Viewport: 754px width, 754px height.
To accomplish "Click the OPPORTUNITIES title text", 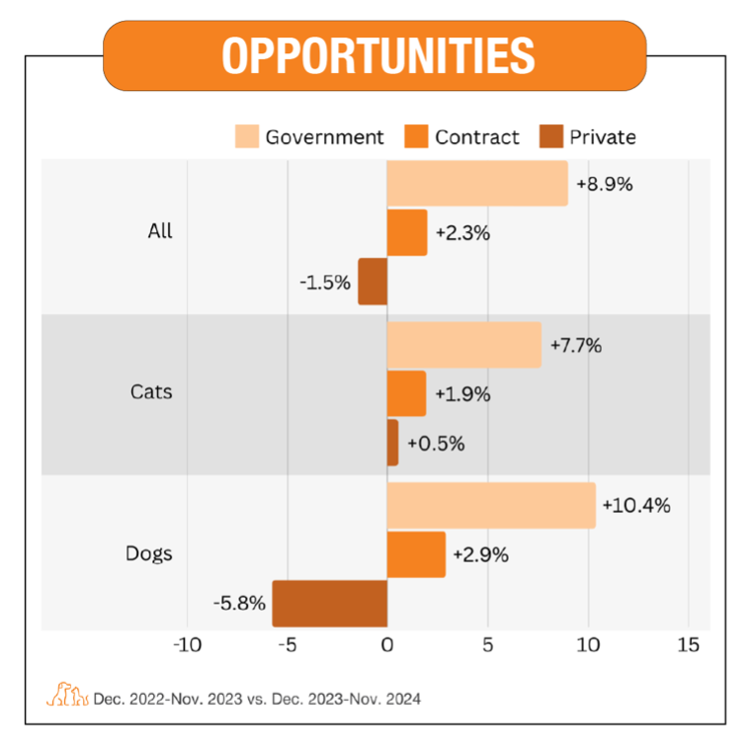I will click(x=377, y=55).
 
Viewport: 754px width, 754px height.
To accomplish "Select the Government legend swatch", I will click(x=246, y=137).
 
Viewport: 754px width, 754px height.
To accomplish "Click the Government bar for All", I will click(x=476, y=184).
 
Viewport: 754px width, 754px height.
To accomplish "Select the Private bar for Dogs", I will click(x=329, y=603).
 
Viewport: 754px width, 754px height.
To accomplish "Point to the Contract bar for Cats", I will click(x=406, y=393).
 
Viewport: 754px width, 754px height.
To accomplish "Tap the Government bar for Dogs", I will click(x=491, y=506).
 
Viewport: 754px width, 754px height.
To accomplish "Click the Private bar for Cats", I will click(x=392, y=442).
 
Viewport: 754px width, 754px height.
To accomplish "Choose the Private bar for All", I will click(x=373, y=282).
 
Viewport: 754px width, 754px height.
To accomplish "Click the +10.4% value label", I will click(x=636, y=506).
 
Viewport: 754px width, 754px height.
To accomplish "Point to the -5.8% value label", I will click(x=239, y=603).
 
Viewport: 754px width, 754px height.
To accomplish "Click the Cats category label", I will click(x=151, y=392).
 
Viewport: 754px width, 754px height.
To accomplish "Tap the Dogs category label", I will click(x=149, y=553).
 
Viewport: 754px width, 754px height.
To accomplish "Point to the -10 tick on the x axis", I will click(x=186, y=645).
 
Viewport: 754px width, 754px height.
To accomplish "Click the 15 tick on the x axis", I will click(x=688, y=645).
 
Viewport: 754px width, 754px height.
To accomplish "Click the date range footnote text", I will click(x=257, y=699).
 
